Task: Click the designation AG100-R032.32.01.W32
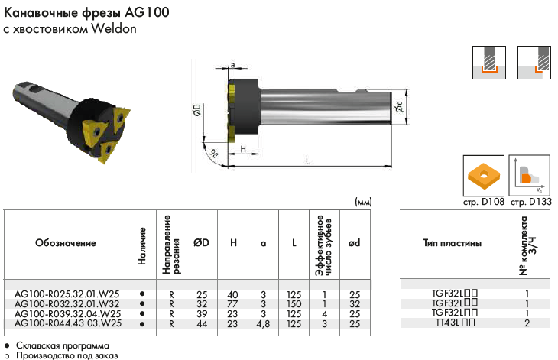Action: click(67, 304)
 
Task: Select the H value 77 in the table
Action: click(232, 304)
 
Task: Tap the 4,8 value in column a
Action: click(263, 324)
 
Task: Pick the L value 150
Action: click(294, 304)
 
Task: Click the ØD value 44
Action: click(202, 324)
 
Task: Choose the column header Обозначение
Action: click(66, 243)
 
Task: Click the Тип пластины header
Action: click(452, 243)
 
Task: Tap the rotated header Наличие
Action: click(142, 246)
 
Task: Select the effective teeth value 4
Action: click(324, 314)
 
